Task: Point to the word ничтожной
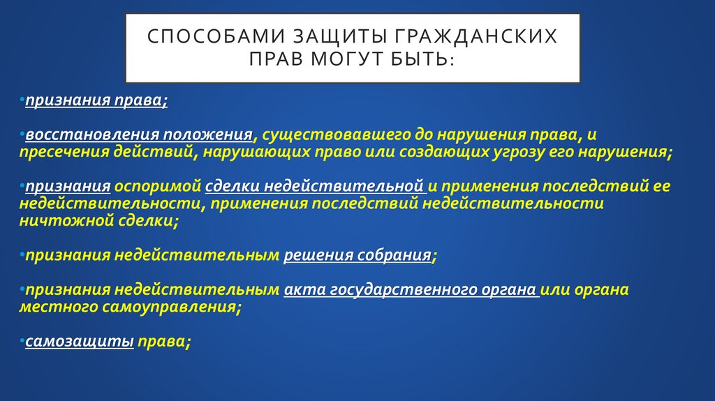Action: [x=57, y=221]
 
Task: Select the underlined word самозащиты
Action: [x=80, y=342]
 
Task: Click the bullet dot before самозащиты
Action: [x=22, y=341]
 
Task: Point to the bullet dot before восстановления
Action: [x=22, y=133]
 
